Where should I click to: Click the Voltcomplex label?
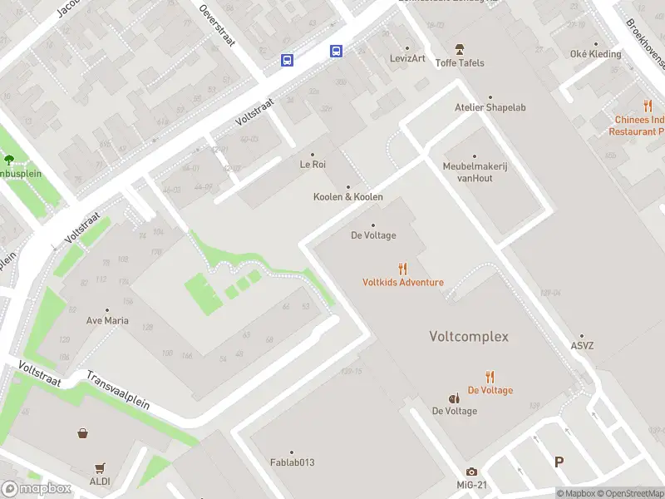[x=468, y=337]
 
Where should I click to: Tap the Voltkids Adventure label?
[x=402, y=282]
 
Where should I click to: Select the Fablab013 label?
[x=292, y=462]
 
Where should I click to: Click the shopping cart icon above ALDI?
[x=101, y=467]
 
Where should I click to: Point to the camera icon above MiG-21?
[x=471, y=472]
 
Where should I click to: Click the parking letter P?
[x=559, y=462]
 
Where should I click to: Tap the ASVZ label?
[x=582, y=346]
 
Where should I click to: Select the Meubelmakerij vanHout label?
[x=475, y=171]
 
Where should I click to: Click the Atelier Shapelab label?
[x=490, y=107]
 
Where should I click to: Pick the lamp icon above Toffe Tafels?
[x=459, y=50]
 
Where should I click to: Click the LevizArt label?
[x=407, y=58]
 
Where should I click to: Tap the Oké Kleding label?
[x=595, y=54]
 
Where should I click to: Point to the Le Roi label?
[x=313, y=165]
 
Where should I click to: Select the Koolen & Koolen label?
[x=347, y=197]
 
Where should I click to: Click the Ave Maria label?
[x=107, y=319]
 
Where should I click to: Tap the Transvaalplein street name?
[x=118, y=390]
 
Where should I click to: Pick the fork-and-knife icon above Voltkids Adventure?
[x=403, y=268]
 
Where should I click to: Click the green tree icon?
[x=9, y=159]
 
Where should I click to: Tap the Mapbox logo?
[x=37, y=489]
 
